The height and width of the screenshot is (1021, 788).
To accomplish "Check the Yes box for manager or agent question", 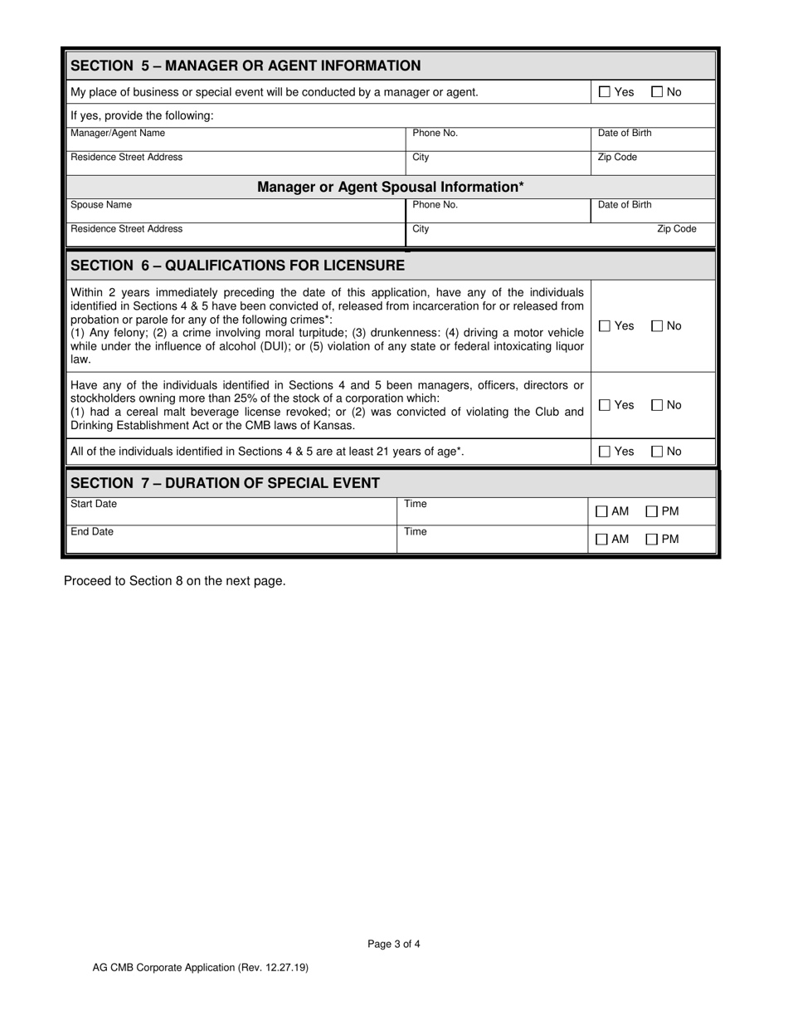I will [605, 92].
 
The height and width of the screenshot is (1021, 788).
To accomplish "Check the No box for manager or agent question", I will [657, 92].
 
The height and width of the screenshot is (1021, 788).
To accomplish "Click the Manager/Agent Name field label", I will [118, 134].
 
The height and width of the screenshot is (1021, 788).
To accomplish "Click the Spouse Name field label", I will [101, 205].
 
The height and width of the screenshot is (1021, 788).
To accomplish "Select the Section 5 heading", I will [246, 66].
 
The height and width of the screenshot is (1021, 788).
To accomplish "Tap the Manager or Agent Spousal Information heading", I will [390, 188].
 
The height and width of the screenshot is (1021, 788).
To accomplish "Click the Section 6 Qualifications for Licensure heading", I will [238, 266].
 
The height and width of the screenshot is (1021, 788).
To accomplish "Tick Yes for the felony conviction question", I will [605, 326].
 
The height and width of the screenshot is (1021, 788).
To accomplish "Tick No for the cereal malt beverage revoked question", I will [657, 405].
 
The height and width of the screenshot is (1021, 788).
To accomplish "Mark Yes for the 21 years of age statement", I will [605, 452].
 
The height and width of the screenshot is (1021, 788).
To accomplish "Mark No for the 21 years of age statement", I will [657, 452].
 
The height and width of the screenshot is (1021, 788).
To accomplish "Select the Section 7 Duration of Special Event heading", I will [226, 483].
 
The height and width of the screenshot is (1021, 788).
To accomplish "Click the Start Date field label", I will [94, 504].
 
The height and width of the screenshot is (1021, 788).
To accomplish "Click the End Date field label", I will [92, 531].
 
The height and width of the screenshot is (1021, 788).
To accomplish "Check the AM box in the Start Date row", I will [601, 512].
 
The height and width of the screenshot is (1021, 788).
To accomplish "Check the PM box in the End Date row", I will [652, 540].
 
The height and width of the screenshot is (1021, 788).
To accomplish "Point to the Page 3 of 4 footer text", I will [394, 944].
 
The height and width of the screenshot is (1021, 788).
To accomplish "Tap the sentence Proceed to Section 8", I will [175, 581].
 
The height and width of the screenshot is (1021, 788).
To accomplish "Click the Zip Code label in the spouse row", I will [677, 229].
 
